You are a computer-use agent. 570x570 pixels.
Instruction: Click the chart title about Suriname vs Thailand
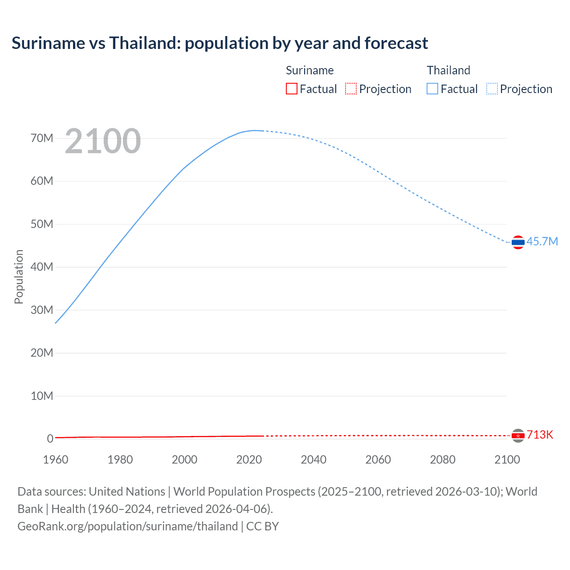click(x=220, y=43)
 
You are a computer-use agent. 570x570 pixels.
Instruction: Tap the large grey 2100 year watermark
click(x=103, y=141)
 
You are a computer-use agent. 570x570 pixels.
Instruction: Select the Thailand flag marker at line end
click(x=518, y=242)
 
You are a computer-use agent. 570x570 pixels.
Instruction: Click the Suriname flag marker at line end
click(x=518, y=436)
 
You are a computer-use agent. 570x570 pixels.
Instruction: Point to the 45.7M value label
click(x=542, y=241)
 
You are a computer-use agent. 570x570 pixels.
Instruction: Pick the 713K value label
click(x=540, y=435)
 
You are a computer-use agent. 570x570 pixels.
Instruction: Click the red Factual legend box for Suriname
click(x=292, y=89)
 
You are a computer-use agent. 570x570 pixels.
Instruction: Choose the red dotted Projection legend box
click(x=351, y=89)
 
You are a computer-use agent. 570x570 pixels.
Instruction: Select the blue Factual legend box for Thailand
click(x=432, y=89)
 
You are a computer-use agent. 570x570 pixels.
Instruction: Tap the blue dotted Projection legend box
click(x=492, y=89)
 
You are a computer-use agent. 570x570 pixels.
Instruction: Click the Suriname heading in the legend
click(x=309, y=70)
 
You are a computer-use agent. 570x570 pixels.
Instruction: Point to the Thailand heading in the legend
click(x=448, y=70)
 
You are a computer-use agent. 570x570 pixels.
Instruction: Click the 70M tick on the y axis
click(x=42, y=138)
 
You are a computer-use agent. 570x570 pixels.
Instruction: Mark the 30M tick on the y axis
click(x=42, y=310)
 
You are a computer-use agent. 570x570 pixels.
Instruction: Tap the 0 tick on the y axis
click(x=50, y=439)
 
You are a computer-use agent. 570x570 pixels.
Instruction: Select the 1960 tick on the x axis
click(x=56, y=460)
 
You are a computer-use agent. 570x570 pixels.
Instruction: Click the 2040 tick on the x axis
click(x=313, y=460)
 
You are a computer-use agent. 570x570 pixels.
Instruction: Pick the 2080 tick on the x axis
click(x=443, y=460)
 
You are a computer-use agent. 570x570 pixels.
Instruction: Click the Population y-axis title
click(x=19, y=277)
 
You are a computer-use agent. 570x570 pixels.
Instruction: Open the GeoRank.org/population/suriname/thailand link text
click(x=128, y=526)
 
